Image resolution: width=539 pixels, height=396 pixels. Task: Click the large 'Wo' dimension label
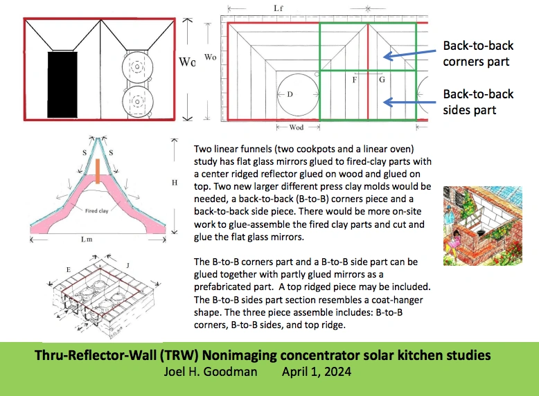click(x=186, y=62)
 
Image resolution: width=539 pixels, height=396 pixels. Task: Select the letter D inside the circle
click(x=290, y=93)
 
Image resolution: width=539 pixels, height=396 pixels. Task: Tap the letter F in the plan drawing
click(x=355, y=80)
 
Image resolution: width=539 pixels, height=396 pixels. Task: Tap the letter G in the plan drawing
click(x=381, y=80)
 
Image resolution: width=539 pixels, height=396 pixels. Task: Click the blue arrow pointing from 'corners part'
click(x=409, y=54)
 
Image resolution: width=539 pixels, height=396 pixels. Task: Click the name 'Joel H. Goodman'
click(x=207, y=371)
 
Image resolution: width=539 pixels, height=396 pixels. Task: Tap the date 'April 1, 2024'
click(x=316, y=371)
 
